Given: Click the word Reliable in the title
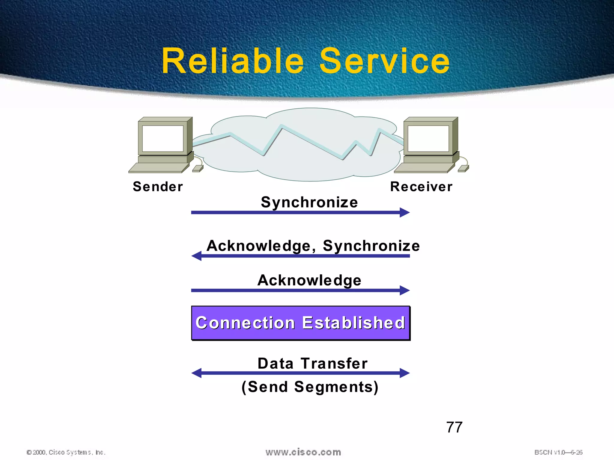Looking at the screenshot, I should [233, 61].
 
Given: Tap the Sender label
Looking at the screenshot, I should [158, 187].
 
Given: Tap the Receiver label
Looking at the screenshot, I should [421, 187].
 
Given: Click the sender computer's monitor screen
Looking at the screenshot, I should [162, 138].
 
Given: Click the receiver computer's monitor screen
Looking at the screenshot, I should [428, 138].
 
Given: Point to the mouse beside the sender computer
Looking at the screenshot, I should [198, 169].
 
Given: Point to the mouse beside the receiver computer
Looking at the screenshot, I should [463, 169].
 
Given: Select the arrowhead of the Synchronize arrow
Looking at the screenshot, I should [405, 212].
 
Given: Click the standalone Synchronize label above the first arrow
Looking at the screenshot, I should [309, 202].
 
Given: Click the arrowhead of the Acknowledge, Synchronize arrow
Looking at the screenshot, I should [197, 256].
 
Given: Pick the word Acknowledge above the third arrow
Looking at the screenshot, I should [309, 280].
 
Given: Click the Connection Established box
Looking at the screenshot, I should [301, 323].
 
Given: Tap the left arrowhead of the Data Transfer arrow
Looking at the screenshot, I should [197, 373].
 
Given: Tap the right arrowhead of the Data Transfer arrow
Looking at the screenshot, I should [405, 373].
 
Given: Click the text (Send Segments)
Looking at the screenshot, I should [310, 387].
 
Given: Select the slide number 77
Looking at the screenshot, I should [454, 427].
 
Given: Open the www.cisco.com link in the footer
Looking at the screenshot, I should [303, 452].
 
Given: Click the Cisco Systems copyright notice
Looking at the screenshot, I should [66, 452].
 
